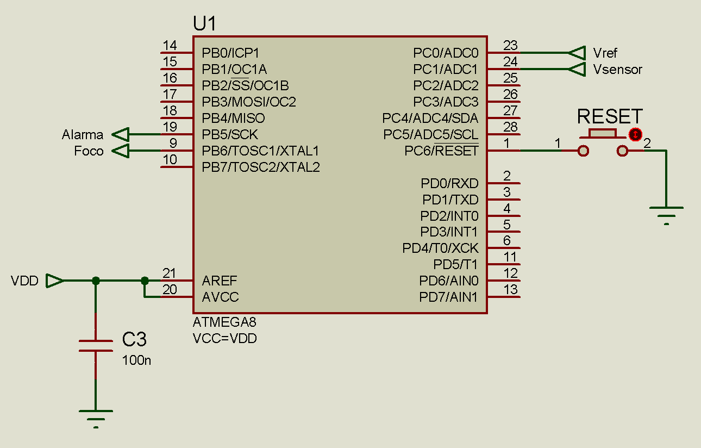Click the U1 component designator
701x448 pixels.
[204, 23]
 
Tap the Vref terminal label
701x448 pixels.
[605, 53]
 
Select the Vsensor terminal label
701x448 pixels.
[617, 70]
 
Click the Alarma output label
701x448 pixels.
[82, 134]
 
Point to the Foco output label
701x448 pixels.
[89, 151]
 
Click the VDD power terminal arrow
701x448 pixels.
[54, 281]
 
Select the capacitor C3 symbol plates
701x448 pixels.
[96, 346]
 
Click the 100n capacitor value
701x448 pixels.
[136, 360]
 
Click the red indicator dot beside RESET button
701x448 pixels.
[635, 134]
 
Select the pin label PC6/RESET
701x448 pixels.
[441, 151]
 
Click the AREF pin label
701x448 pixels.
[220, 281]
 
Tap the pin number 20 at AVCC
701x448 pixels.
[170, 290]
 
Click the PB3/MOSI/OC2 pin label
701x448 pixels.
[249, 102]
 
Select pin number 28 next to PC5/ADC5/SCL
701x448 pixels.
[510, 127]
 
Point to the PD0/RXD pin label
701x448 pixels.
[449, 183]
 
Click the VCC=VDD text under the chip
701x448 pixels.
[224, 338]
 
